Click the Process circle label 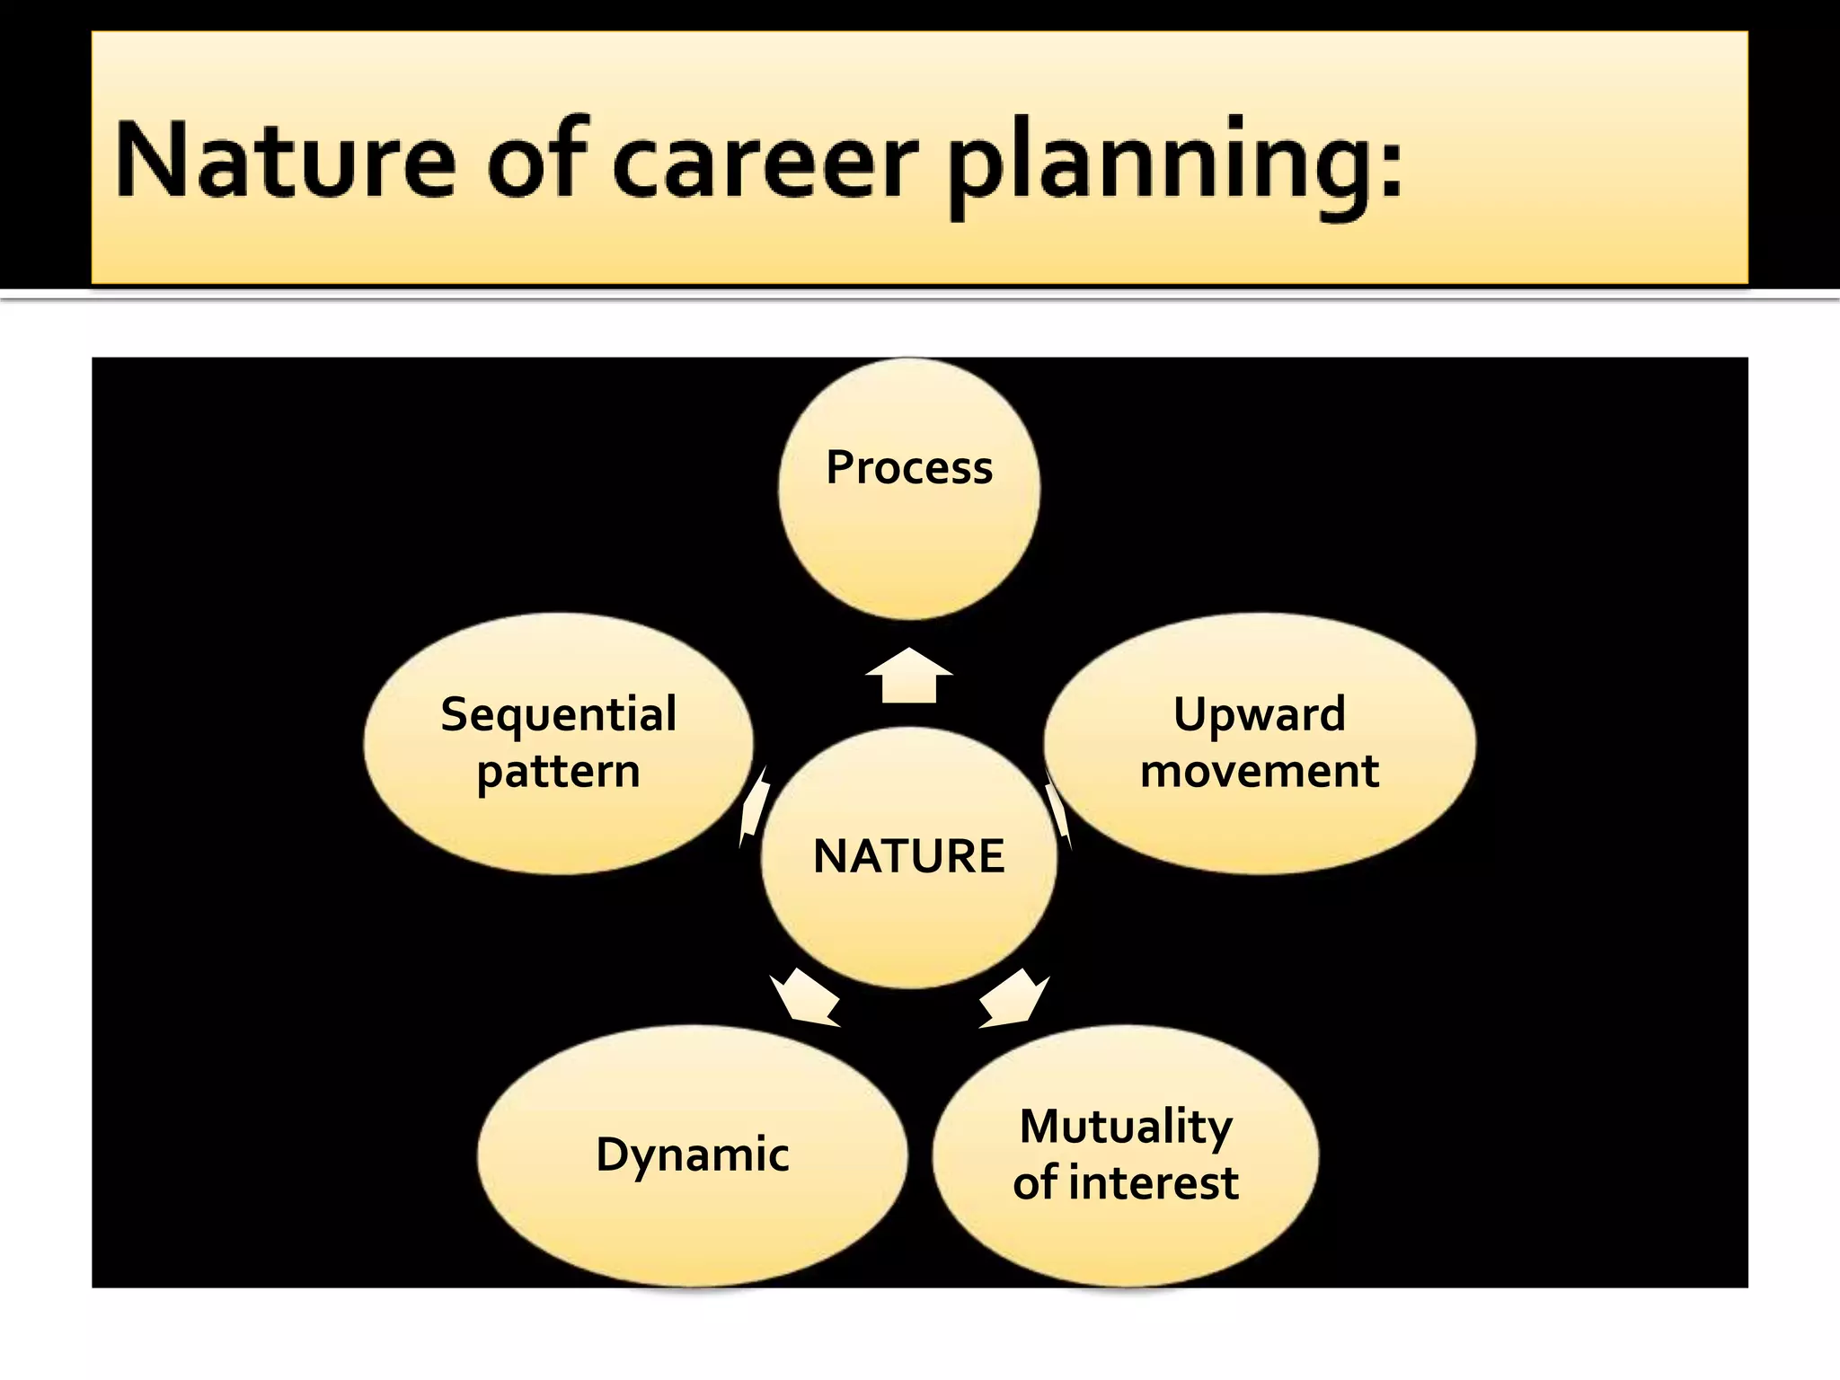909,468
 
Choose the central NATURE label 909,855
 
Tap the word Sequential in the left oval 559,715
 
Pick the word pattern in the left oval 559,772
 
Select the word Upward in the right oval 1260,715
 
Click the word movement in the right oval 1260,771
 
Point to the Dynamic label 693,1154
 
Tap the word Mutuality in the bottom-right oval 1126,1126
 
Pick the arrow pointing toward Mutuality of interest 1015,997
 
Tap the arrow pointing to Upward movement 1059,813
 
